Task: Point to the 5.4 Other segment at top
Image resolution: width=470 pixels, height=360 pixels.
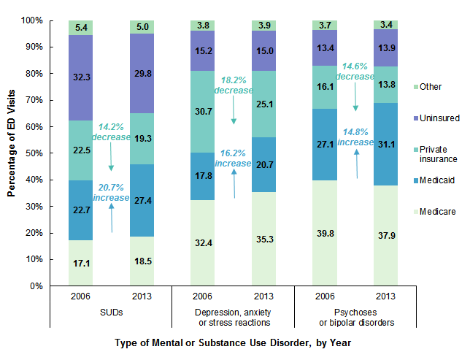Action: (x=80, y=28)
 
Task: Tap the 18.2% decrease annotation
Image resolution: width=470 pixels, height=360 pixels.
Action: (x=233, y=85)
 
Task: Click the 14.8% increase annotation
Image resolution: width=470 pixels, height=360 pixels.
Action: (x=355, y=137)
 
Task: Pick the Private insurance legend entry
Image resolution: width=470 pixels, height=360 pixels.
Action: (x=437, y=153)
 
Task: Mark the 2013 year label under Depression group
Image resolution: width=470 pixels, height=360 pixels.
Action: (x=263, y=298)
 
